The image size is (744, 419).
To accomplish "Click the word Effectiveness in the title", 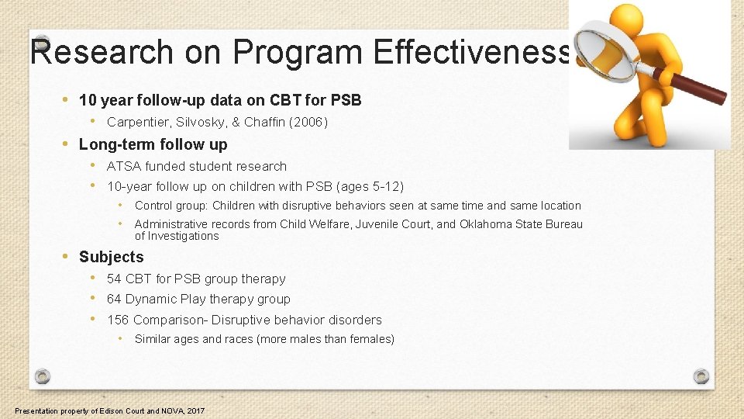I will click(472, 53).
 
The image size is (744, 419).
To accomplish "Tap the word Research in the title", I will click(102, 53).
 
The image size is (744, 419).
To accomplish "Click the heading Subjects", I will click(111, 257).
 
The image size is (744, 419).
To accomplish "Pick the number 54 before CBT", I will click(114, 279).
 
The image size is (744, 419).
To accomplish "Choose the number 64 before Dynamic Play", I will click(114, 299).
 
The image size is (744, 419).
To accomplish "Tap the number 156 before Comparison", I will click(118, 320).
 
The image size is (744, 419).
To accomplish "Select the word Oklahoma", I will click(487, 224).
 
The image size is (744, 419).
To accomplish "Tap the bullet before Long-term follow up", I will click(67, 144).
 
